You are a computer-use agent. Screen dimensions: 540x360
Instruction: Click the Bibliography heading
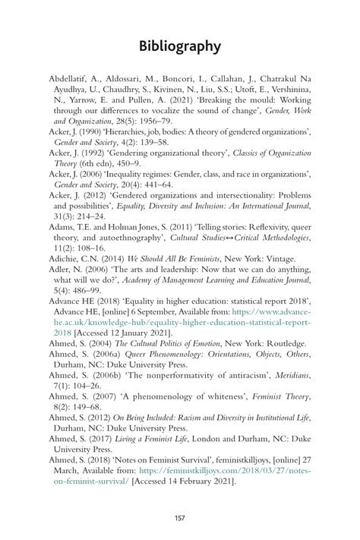point(180,46)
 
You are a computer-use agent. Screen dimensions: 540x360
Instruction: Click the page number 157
point(180,518)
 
